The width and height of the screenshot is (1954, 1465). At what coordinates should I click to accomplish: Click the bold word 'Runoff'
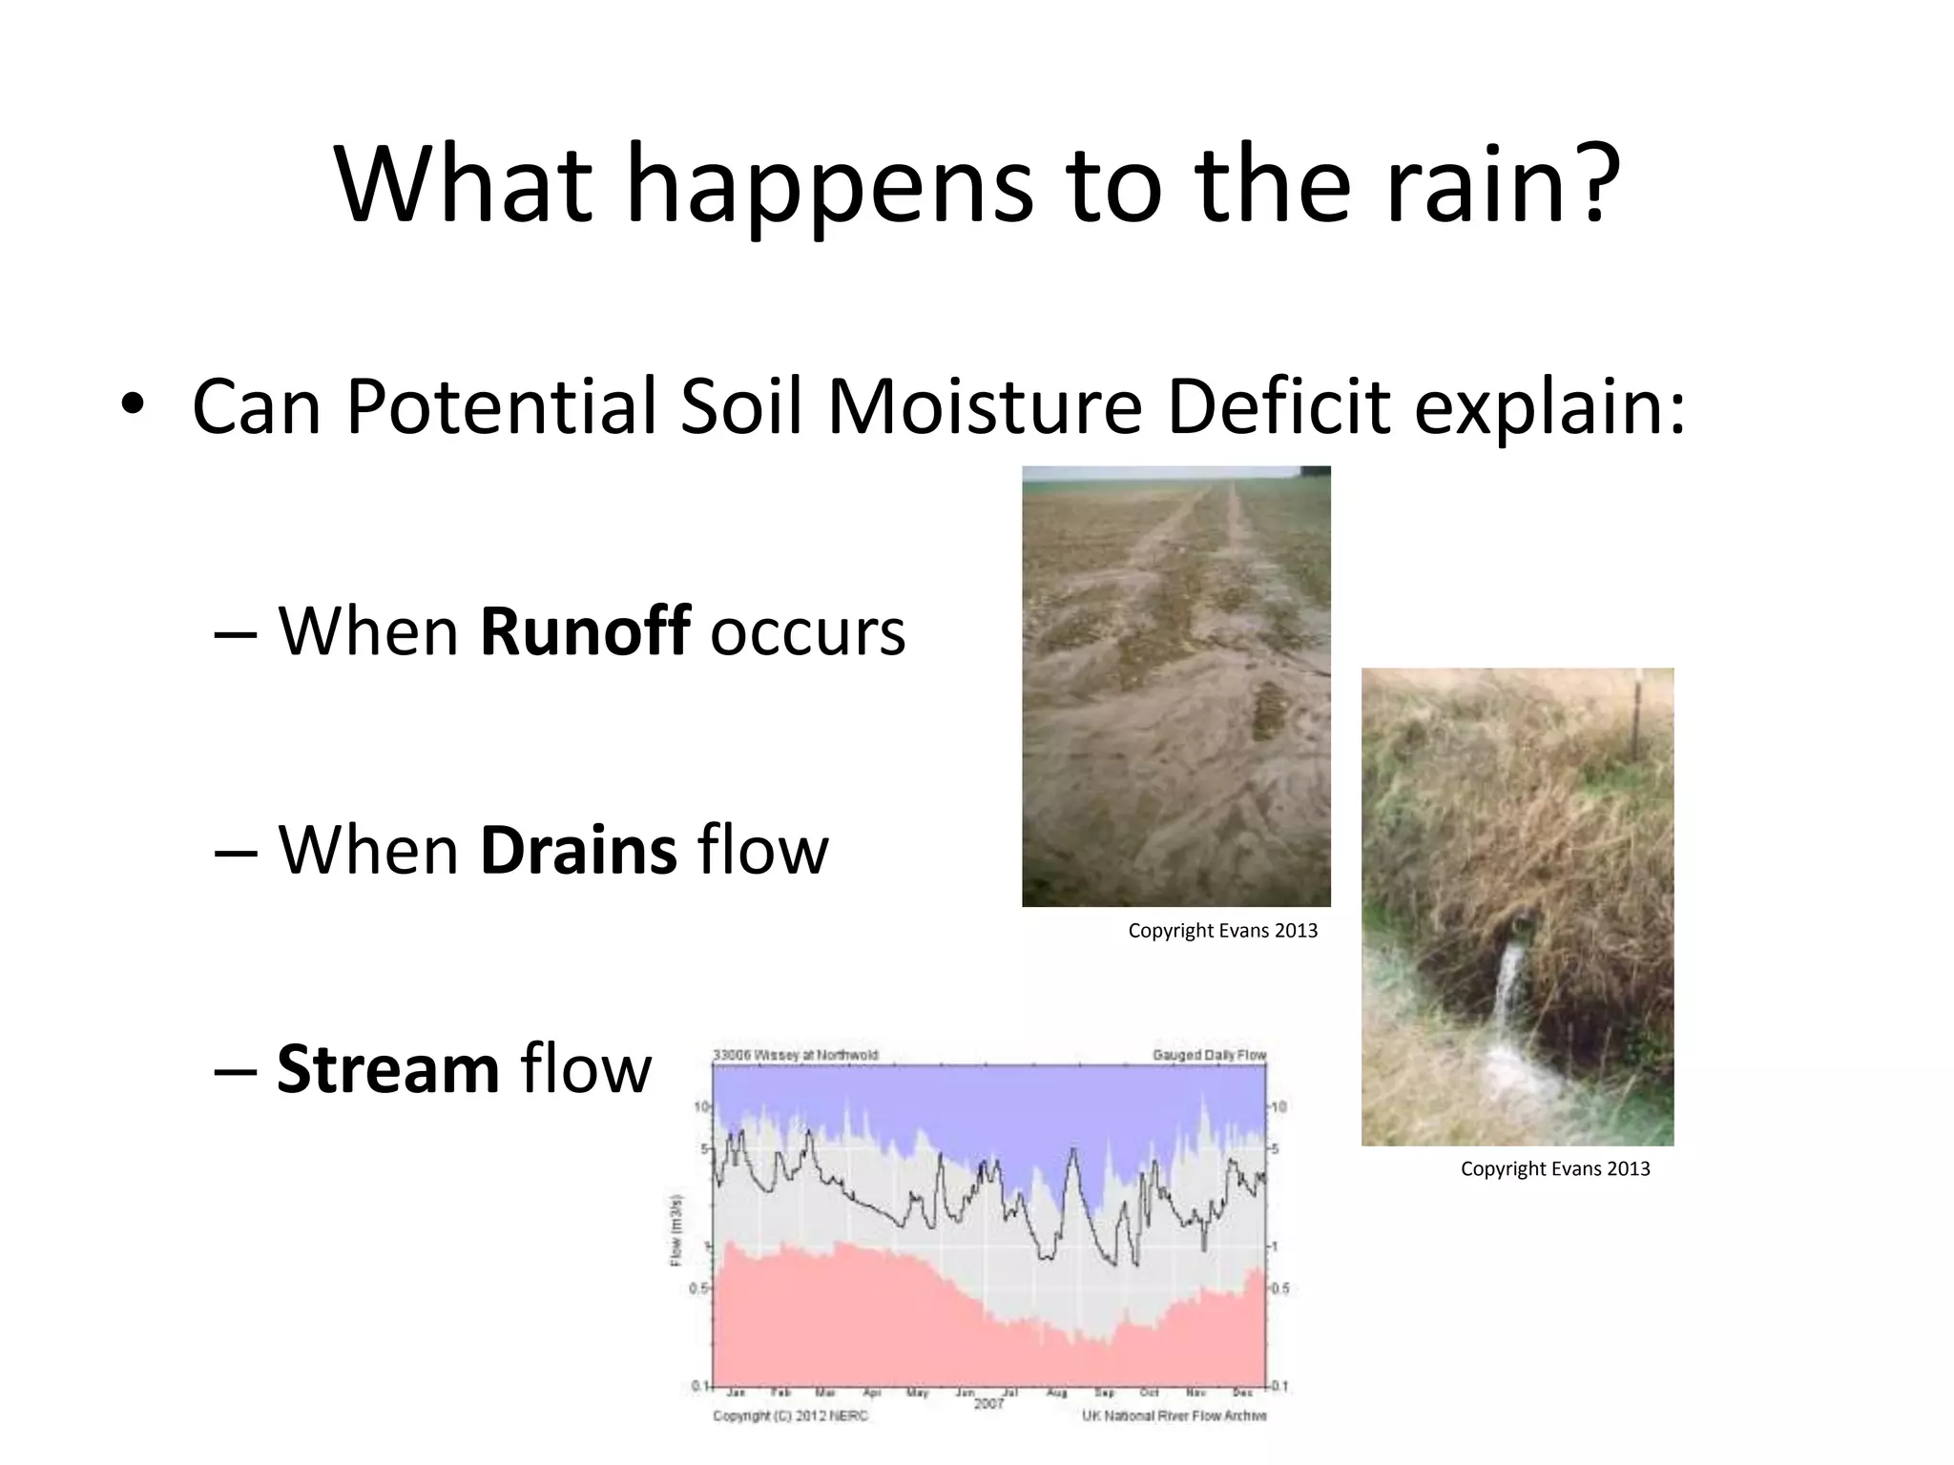(x=584, y=630)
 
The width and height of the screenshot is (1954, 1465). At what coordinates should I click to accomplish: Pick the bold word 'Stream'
(x=387, y=1068)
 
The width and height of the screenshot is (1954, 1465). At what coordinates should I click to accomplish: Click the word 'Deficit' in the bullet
(x=1278, y=406)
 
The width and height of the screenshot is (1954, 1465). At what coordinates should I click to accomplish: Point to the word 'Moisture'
(x=984, y=406)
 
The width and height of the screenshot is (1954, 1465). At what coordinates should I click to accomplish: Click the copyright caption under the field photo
(x=1222, y=931)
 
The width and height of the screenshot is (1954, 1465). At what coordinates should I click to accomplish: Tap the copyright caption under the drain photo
(x=1554, y=1169)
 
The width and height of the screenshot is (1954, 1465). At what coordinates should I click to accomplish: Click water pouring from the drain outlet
(x=1507, y=992)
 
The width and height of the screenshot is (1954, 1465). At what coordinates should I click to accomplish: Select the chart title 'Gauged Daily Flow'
(x=1208, y=1055)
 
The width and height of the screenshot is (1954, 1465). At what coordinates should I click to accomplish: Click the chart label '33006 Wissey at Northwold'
(x=795, y=1055)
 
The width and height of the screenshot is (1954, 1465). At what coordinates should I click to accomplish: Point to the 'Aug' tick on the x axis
(x=1057, y=1393)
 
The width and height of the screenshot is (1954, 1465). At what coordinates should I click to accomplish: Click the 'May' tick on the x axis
(x=917, y=1393)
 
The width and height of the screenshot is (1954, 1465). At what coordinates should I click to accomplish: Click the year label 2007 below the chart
(x=988, y=1405)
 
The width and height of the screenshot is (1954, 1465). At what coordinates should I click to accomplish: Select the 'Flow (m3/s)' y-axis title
(x=676, y=1230)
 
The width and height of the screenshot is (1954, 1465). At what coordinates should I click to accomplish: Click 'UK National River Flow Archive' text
(x=1174, y=1416)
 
